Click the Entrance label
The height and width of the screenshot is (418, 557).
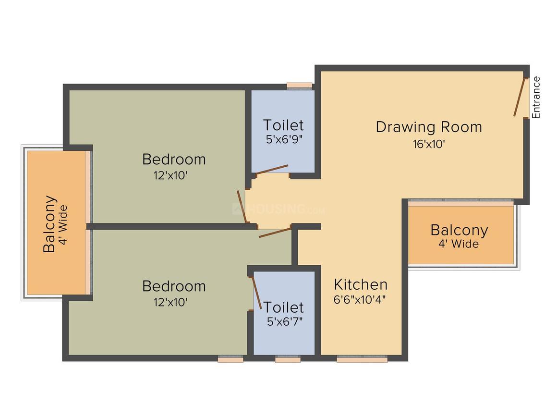click(x=536, y=98)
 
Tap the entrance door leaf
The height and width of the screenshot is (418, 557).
click(x=519, y=97)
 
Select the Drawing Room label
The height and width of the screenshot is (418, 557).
click(x=429, y=127)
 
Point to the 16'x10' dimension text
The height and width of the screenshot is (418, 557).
click(x=429, y=144)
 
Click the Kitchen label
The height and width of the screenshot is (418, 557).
click(x=361, y=284)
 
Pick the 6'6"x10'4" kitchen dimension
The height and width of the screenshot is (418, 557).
click(x=360, y=300)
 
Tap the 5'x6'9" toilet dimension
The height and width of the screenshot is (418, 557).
click(x=284, y=139)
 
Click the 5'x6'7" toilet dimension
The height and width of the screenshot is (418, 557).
click(x=285, y=322)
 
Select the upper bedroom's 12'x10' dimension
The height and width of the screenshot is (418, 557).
click(x=170, y=175)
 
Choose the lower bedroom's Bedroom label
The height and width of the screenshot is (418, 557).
click(x=174, y=286)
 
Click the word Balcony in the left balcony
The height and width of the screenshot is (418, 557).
click(x=49, y=224)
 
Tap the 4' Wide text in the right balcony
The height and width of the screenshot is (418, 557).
click(x=458, y=244)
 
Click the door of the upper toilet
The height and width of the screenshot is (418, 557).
click(x=272, y=169)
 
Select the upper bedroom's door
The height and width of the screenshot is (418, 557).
click(x=242, y=207)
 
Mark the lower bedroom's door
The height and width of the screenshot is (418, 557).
click(x=275, y=233)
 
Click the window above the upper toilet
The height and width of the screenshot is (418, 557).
click(x=300, y=86)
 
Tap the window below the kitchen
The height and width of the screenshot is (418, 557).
click(x=362, y=359)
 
